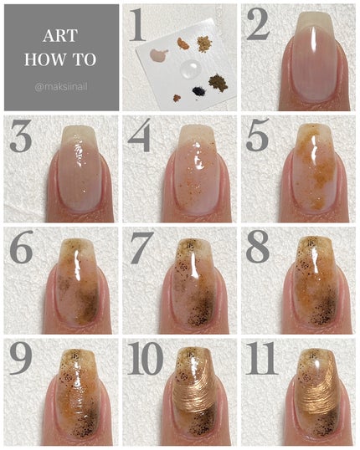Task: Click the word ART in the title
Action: pyautogui.click(x=60, y=36)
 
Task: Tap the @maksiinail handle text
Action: pyautogui.click(x=61, y=87)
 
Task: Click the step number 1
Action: pyautogui.click(x=137, y=25)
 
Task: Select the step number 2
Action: pyautogui.click(x=259, y=25)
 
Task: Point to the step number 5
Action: pyautogui.click(x=258, y=136)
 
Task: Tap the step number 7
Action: pyautogui.click(x=141, y=248)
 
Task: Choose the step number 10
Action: pyautogui.click(x=146, y=359)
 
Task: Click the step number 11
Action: pyautogui.click(x=261, y=359)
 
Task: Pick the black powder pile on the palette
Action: pyautogui.click(x=199, y=91)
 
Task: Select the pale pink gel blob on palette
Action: pyautogui.click(x=159, y=54)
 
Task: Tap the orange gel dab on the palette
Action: pyautogui.click(x=183, y=43)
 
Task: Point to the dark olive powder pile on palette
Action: pyautogui.click(x=219, y=83)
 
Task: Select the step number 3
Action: pyautogui.click(x=21, y=136)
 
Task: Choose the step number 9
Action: pyautogui.click(x=20, y=359)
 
